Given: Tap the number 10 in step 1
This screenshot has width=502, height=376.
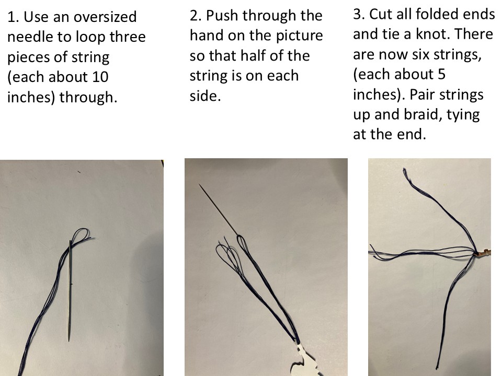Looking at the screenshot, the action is click(100, 77).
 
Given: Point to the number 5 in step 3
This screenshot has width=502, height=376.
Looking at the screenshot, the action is click(441, 75).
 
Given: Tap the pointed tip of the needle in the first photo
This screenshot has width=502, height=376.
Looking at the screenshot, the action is click(69, 340).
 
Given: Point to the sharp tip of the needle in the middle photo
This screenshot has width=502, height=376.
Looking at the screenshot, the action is click(199, 184).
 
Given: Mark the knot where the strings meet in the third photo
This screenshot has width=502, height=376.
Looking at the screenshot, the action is click(477, 253).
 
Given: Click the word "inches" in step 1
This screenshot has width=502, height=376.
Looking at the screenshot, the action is click(31, 98).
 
